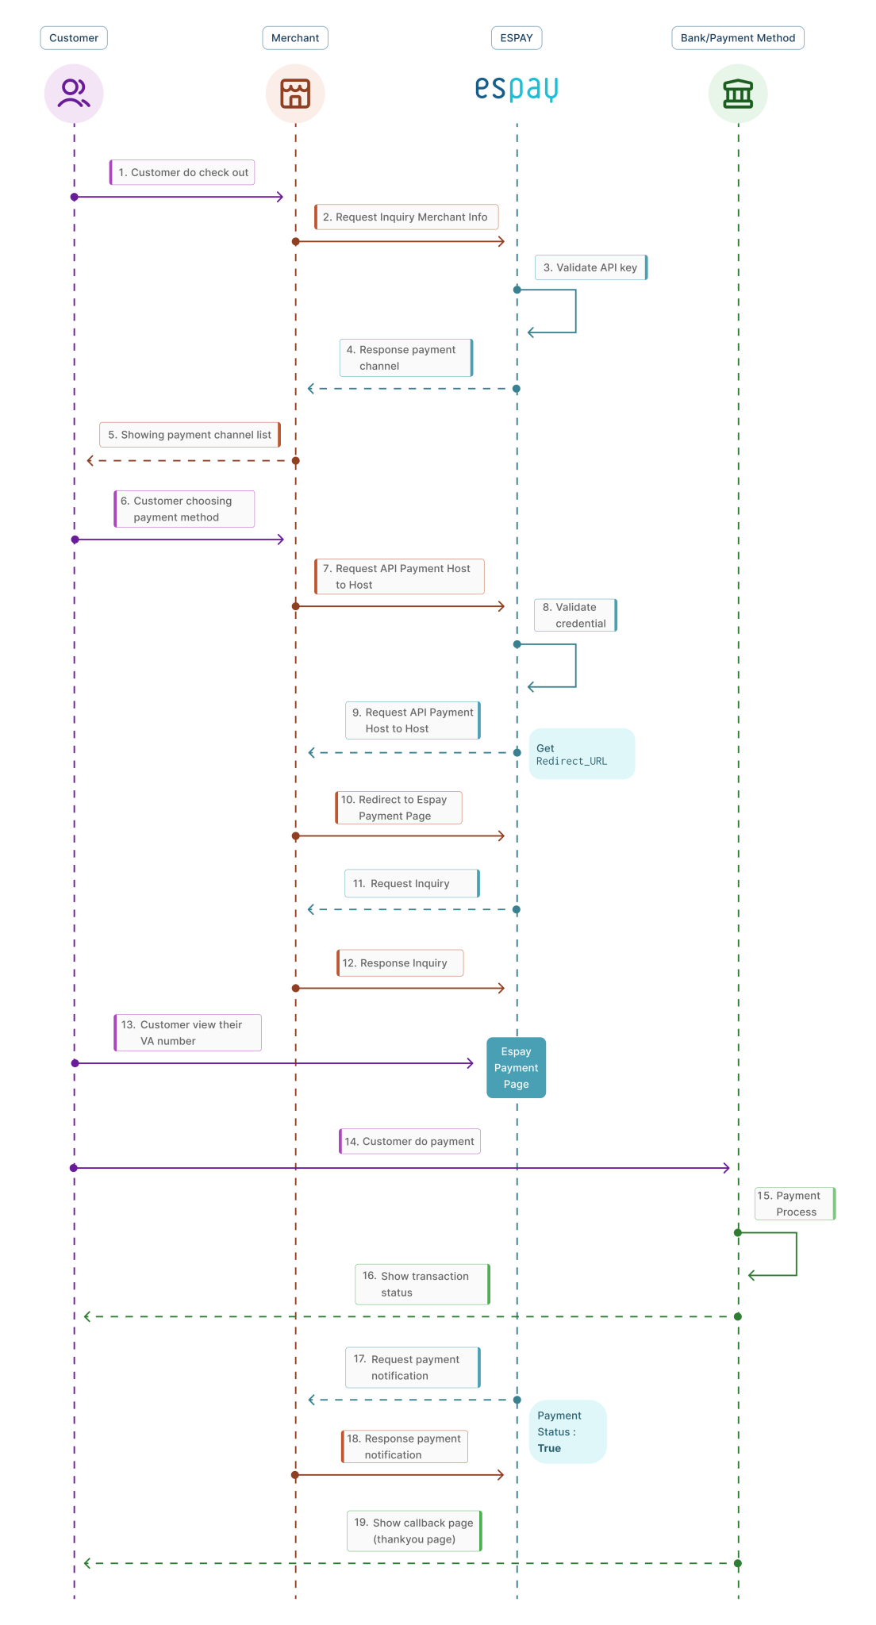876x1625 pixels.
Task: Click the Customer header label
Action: pyautogui.click(x=74, y=38)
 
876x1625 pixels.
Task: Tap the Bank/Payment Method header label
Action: pyautogui.click(x=737, y=38)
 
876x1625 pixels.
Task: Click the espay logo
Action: pyautogui.click(x=517, y=88)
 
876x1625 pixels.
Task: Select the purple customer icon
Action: pyautogui.click(x=74, y=94)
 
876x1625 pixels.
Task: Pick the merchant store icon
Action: pyautogui.click(x=295, y=94)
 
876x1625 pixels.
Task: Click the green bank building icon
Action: pyautogui.click(x=738, y=94)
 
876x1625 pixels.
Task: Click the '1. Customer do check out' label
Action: pyautogui.click(x=182, y=172)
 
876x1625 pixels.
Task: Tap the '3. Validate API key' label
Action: pyautogui.click(x=590, y=267)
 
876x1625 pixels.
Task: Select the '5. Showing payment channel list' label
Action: pyautogui.click(x=190, y=435)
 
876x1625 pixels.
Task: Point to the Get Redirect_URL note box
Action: pyautogui.click(x=582, y=754)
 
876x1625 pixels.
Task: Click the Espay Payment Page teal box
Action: pyautogui.click(x=516, y=1067)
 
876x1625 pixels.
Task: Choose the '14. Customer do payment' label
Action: pyautogui.click(x=409, y=1141)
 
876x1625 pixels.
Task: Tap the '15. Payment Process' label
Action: pyautogui.click(x=794, y=1204)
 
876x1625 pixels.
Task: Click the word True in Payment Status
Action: pyautogui.click(x=549, y=1448)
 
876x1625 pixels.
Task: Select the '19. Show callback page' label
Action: pyautogui.click(x=414, y=1531)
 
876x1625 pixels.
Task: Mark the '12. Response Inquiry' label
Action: pyautogui.click(x=400, y=962)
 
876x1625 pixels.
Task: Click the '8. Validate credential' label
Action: pyautogui.click(x=575, y=615)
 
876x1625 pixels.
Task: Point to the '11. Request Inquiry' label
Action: pyautogui.click(x=411, y=883)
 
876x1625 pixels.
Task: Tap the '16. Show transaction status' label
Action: pyautogui.click(x=421, y=1284)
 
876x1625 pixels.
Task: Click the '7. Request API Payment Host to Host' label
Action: pyautogui.click(x=399, y=576)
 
